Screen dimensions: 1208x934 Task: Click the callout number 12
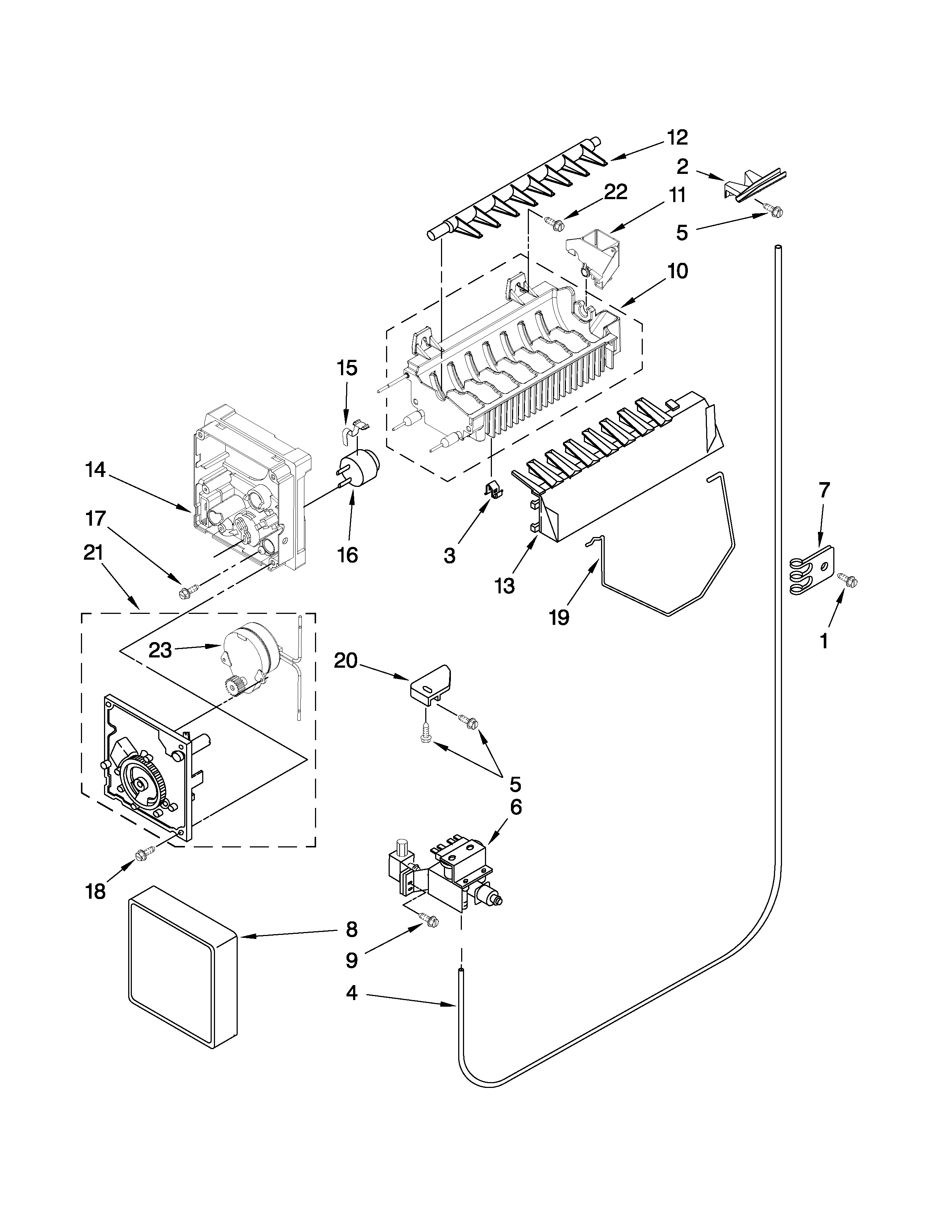point(677,137)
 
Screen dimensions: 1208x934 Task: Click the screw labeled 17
point(184,593)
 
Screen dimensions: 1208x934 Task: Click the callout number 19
point(559,617)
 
